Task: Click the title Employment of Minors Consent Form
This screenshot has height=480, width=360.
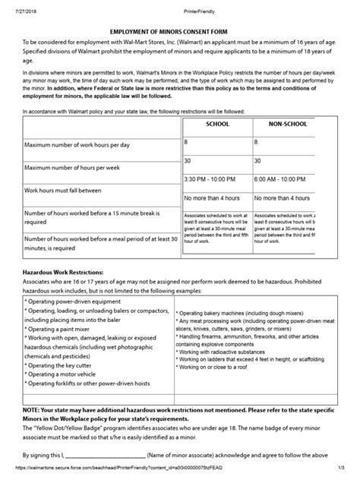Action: pos(179,30)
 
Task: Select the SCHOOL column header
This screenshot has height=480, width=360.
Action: pos(216,124)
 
